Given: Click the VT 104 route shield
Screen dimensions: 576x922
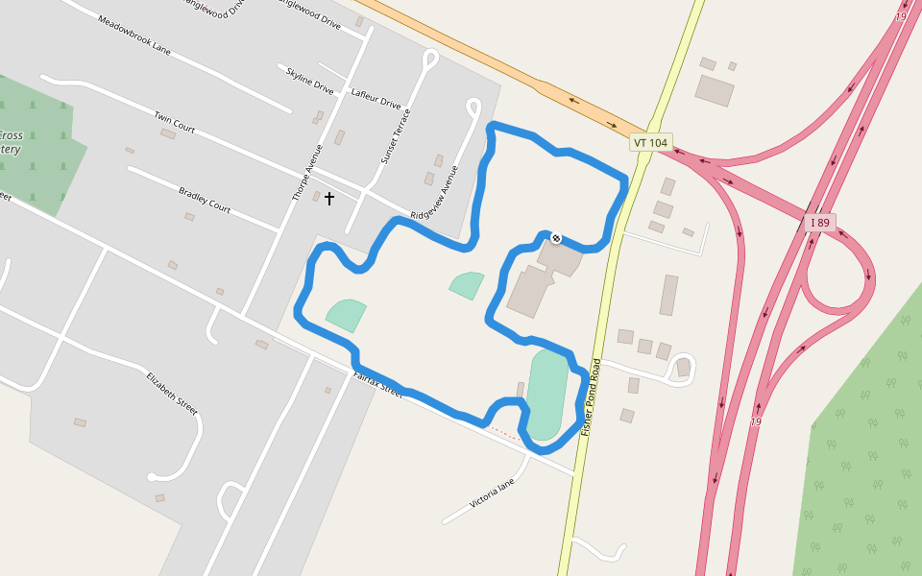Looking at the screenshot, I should (x=650, y=142).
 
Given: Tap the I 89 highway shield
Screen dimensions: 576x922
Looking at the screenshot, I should (x=819, y=223).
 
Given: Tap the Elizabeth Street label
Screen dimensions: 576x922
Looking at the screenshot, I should (x=173, y=393).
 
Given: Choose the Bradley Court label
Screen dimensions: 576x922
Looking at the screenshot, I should (x=205, y=200).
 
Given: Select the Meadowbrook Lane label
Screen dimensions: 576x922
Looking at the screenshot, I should (x=134, y=35).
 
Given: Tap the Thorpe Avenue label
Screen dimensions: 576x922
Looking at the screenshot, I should (x=306, y=173).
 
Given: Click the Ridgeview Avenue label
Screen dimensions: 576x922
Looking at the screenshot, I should (x=435, y=192).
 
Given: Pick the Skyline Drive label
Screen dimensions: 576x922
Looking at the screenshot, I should (x=309, y=80).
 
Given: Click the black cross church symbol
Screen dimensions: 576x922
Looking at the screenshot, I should (x=329, y=199).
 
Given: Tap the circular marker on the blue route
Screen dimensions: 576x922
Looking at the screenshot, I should (x=555, y=236).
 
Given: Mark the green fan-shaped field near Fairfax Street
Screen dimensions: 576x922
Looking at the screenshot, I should (x=347, y=314).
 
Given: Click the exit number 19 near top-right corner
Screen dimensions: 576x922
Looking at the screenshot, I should (x=901, y=16).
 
